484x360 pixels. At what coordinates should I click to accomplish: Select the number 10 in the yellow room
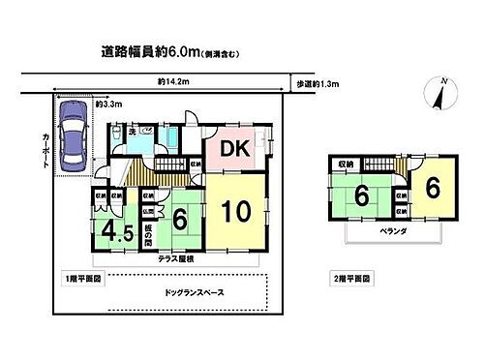click(235, 212)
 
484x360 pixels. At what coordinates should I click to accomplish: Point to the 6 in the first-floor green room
click(180, 221)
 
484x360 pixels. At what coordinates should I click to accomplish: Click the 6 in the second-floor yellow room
click(433, 188)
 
